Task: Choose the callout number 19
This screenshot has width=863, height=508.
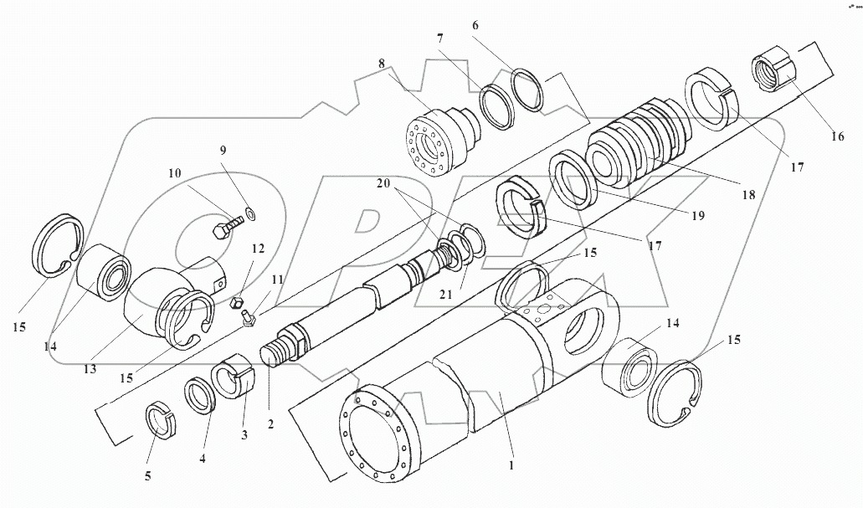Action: (697, 216)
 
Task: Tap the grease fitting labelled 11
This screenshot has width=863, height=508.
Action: (247, 319)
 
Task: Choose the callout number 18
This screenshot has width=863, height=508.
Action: (747, 195)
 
